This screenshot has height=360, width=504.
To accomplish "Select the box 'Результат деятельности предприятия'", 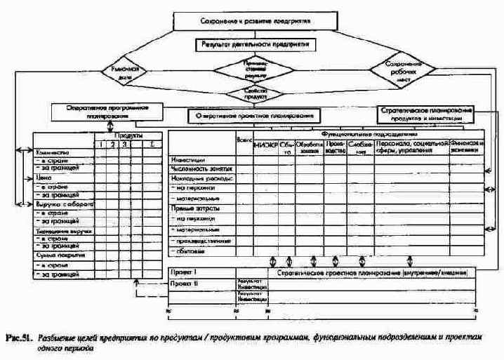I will [x=254, y=44].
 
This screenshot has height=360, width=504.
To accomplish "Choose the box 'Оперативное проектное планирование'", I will [x=255, y=114].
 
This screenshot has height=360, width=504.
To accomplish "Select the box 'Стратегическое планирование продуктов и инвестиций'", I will [x=426, y=113].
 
